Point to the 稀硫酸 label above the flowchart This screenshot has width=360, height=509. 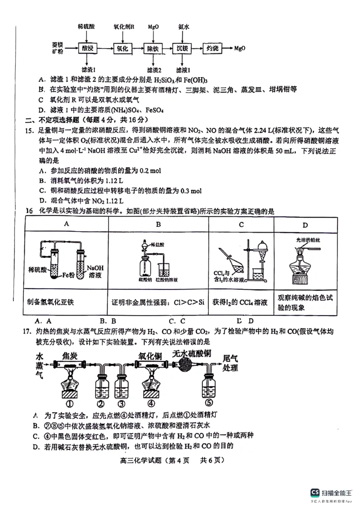[x=86, y=27]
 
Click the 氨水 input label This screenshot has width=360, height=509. [x=183, y=27]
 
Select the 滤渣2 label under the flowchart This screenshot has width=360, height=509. [x=153, y=70]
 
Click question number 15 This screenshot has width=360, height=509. [x=30, y=130]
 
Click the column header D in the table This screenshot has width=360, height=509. [x=305, y=224]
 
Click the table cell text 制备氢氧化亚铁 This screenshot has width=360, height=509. [x=50, y=302]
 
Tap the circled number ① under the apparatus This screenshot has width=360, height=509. [x=69, y=403]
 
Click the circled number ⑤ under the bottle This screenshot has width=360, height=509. [x=208, y=403]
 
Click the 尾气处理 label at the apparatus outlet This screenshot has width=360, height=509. [x=230, y=362]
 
